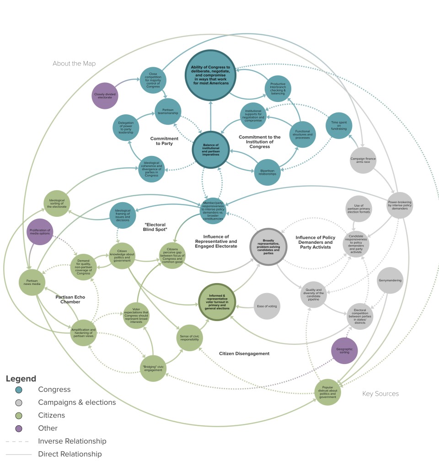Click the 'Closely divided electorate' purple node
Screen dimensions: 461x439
(x=106, y=96)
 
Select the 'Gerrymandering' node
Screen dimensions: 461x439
(x=391, y=280)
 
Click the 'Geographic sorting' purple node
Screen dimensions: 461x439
(x=344, y=350)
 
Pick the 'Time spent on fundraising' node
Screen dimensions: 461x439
(x=339, y=124)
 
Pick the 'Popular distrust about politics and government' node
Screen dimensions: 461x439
(x=328, y=392)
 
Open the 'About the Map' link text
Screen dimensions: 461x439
(x=74, y=64)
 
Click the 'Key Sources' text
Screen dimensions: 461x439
(x=380, y=393)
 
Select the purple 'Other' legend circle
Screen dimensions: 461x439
(x=19, y=428)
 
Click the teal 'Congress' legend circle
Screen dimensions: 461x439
(x=19, y=390)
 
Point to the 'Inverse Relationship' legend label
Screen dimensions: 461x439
(x=72, y=441)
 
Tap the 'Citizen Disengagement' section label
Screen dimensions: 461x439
(x=244, y=354)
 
